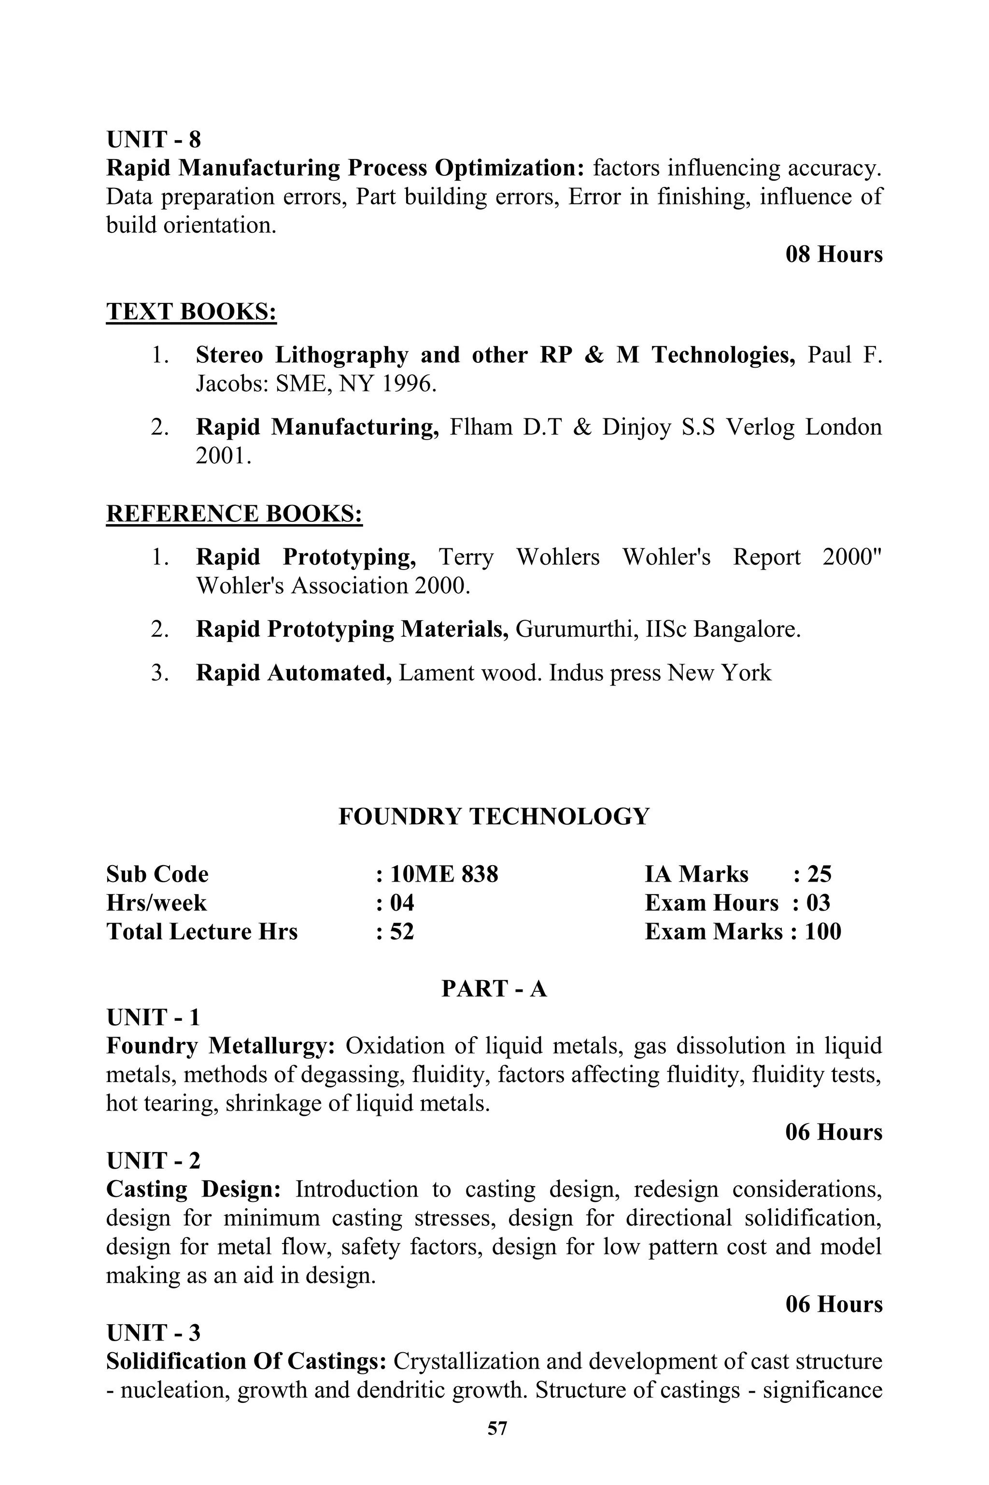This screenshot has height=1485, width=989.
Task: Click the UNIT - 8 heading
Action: tap(153, 140)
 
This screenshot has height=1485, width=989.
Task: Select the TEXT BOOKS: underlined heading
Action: tap(191, 312)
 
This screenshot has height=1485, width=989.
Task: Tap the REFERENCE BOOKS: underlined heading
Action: tap(234, 514)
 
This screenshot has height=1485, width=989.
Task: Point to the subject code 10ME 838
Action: tap(444, 874)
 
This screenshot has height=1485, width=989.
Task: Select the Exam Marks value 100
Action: tap(822, 932)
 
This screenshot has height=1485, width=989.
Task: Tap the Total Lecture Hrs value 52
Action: tap(402, 932)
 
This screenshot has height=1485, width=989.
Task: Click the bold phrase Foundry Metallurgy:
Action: tap(220, 1046)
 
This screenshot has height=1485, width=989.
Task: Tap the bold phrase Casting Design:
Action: tap(193, 1189)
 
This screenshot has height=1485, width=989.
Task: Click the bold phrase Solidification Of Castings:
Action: tap(246, 1361)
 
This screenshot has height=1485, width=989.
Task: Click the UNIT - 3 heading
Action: tap(153, 1333)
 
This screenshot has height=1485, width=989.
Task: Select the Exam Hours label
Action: tap(711, 903)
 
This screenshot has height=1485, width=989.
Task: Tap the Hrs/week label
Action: tap(156, 903)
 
